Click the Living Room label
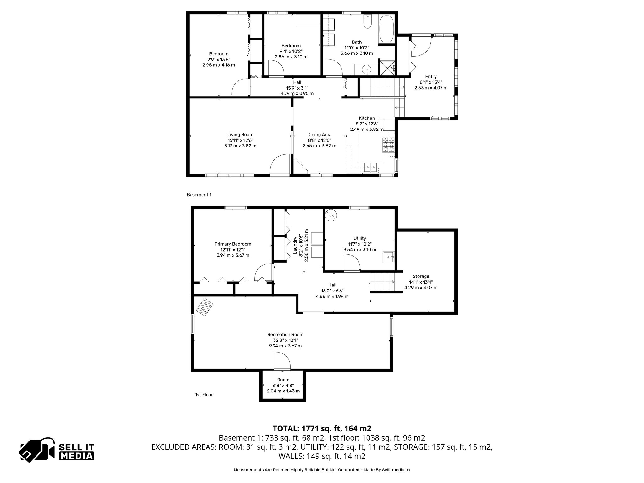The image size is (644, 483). pyautogui.click(x=240, y=135)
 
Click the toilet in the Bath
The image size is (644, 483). pyautogui.click(x=367, y=22)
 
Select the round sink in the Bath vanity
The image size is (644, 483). pyautogui.click(x=367, y=69)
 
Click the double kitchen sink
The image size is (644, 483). pyautogui.click(x=370, y=167)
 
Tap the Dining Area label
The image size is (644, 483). pyautogui.click(x=319, y=135)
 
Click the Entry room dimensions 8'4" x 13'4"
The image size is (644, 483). pyautogui.click(x=431, y=82)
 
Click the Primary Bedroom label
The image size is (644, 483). pyautogui.click(x=233, y=244)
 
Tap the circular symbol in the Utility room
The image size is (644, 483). pyautogui.click(x=331, y=215)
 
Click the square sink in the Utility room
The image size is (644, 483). pyautogui.click(x=388, y=257)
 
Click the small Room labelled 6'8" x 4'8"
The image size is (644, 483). pyautogui.click(x=283, y=386)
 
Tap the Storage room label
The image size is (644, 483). pyautogui.click(x=421, y=276)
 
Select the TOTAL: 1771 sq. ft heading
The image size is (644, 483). pyautogui.click(x=322, y=429)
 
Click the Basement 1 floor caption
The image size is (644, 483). pyautogui.click(x=199, y=195)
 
